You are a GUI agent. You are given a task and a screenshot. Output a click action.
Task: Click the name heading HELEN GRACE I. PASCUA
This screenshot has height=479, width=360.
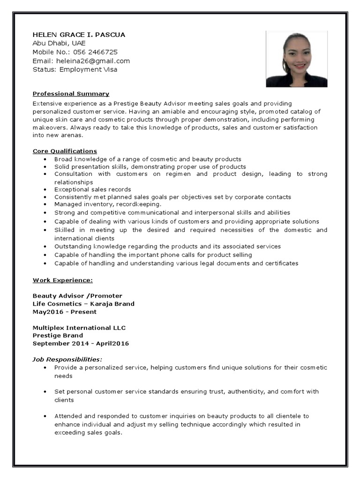(79, 35)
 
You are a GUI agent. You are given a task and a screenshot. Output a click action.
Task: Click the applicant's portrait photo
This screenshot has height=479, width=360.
(296, 59)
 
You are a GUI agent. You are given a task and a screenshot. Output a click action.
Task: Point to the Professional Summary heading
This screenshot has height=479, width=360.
(71, 94)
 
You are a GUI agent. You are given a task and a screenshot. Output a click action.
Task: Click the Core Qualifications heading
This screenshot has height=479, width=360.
(65, 151)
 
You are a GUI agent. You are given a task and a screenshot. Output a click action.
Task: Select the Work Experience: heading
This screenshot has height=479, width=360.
(62, 280)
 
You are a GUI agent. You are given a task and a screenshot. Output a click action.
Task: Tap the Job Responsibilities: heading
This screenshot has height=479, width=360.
(67, 359)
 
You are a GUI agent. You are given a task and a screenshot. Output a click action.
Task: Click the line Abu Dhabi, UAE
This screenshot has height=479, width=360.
(59, 43)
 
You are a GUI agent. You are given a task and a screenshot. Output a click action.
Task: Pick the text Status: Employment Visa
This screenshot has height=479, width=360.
(75, 69)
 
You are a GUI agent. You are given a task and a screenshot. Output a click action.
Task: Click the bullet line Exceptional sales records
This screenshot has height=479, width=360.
(92, 189)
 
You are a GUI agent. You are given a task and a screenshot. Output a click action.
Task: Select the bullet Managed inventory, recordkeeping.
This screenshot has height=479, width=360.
(107, 204)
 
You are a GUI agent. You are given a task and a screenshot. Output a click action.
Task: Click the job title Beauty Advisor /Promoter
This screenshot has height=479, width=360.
(77, 296)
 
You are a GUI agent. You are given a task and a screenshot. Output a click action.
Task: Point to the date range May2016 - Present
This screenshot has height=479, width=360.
(65, 312)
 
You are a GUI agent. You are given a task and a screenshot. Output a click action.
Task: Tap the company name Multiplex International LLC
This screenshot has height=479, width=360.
(79, 327)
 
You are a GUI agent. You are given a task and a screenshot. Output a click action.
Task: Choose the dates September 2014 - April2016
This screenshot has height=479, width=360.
(81, 343)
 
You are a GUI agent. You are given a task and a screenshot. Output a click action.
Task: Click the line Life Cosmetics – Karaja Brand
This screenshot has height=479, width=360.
(83, 304)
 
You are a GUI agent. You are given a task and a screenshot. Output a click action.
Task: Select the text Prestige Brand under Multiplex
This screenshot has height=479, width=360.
(58, 335)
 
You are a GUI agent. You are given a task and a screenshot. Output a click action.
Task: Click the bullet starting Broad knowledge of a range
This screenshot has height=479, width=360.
(148, 159)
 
